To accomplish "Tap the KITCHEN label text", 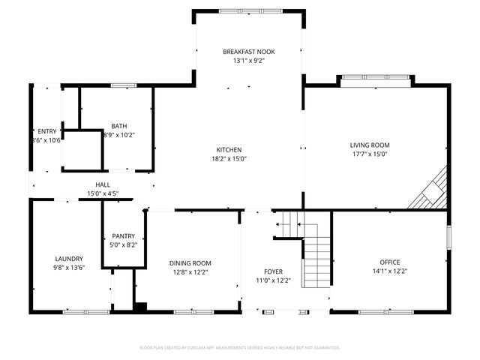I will click(229, 148).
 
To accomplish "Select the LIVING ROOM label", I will click(370, 145).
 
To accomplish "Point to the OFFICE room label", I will click(389, 262).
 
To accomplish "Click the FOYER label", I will click(272, 271).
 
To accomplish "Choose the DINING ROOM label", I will click(190, 263).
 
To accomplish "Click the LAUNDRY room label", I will click(68, 258).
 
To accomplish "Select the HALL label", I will click(103, 184).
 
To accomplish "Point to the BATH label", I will click(119, 126).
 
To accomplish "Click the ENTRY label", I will click(46, 131).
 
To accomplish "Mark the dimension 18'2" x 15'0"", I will click(229, 158).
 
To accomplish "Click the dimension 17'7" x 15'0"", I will click(370, 154).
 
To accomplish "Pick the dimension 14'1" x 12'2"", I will click(389, 271).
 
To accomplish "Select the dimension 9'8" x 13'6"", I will click(68, 268).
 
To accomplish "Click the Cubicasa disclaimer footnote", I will click(240, 348).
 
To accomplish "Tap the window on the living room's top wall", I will click(374, 76).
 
